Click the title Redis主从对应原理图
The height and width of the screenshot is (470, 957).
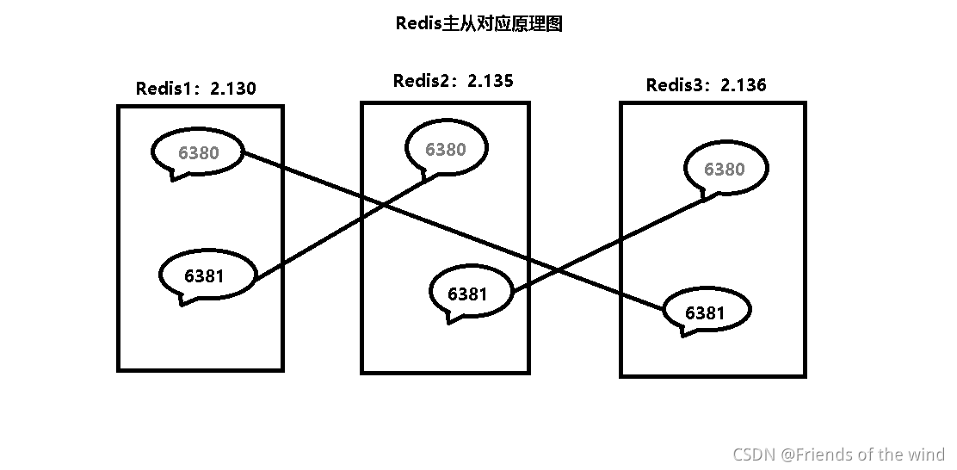click(x=478, y=24)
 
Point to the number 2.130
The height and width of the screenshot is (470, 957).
click(x=232, y=88)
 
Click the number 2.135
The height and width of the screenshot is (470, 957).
click(x=490, y=81)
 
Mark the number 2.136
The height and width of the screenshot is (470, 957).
click(x=743, y=84)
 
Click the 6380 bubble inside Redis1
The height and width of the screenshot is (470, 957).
click(x=198, y=153)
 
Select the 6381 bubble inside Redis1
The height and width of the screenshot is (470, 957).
click(x=207, y=275)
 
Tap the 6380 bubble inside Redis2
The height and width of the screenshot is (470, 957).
click(x=446, y=149)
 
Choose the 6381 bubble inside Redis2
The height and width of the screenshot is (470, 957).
click(x=469, y=294)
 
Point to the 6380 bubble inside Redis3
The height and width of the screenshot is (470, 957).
click(x=725, y=169)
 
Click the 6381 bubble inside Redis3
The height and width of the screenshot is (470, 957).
click(x=706, y=312)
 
